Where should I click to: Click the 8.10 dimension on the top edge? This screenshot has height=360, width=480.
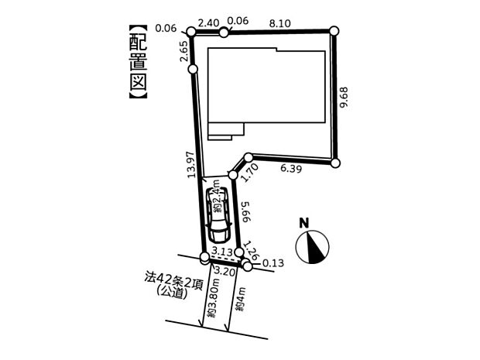point(279,23)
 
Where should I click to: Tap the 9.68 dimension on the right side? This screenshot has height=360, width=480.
point(344,97)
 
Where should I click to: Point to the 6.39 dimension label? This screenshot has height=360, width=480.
point(291,168)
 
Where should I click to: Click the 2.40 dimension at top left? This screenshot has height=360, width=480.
point(208,23)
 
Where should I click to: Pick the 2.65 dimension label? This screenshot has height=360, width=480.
point(184,51)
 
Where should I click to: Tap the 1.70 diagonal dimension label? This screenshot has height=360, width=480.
point(251,173)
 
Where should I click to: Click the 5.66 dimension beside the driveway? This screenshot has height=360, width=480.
point(247,211)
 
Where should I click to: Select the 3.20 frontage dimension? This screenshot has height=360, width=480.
point(225,271)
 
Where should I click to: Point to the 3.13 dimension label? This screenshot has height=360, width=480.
point(222,251)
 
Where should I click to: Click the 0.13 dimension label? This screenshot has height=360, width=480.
point(273,263)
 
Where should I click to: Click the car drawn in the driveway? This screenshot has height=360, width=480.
point(218,214)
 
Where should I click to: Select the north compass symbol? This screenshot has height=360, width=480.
point(312,247)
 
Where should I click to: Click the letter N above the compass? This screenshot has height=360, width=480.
point(304,223)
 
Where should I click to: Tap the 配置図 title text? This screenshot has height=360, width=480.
point(138,61)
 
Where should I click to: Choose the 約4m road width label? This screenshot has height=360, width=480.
point(241,299)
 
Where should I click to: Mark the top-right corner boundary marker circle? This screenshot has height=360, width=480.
point(334,31)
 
